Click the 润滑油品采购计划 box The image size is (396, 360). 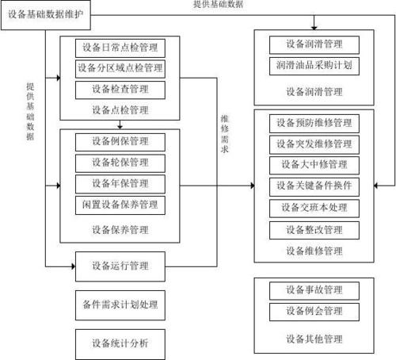coord(314,65)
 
